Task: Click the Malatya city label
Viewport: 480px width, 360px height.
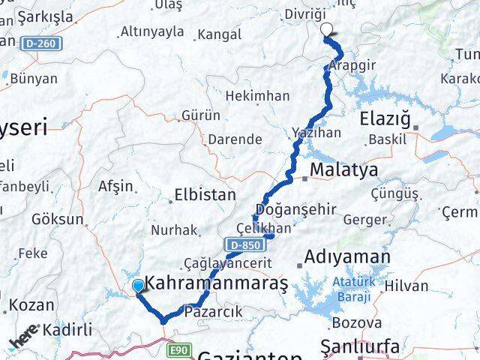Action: coord(344,170)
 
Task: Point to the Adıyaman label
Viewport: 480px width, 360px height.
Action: coord(347,257)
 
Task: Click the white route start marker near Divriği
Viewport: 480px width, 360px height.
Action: coord(327,30)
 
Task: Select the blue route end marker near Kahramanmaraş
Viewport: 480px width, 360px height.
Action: coord(138,286)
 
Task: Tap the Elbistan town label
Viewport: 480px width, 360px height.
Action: coord(205,195)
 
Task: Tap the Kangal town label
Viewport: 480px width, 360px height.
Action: coord(217,34)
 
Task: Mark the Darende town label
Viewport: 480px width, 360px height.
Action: coord(234,139)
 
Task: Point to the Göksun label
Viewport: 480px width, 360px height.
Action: coord(58,220)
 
